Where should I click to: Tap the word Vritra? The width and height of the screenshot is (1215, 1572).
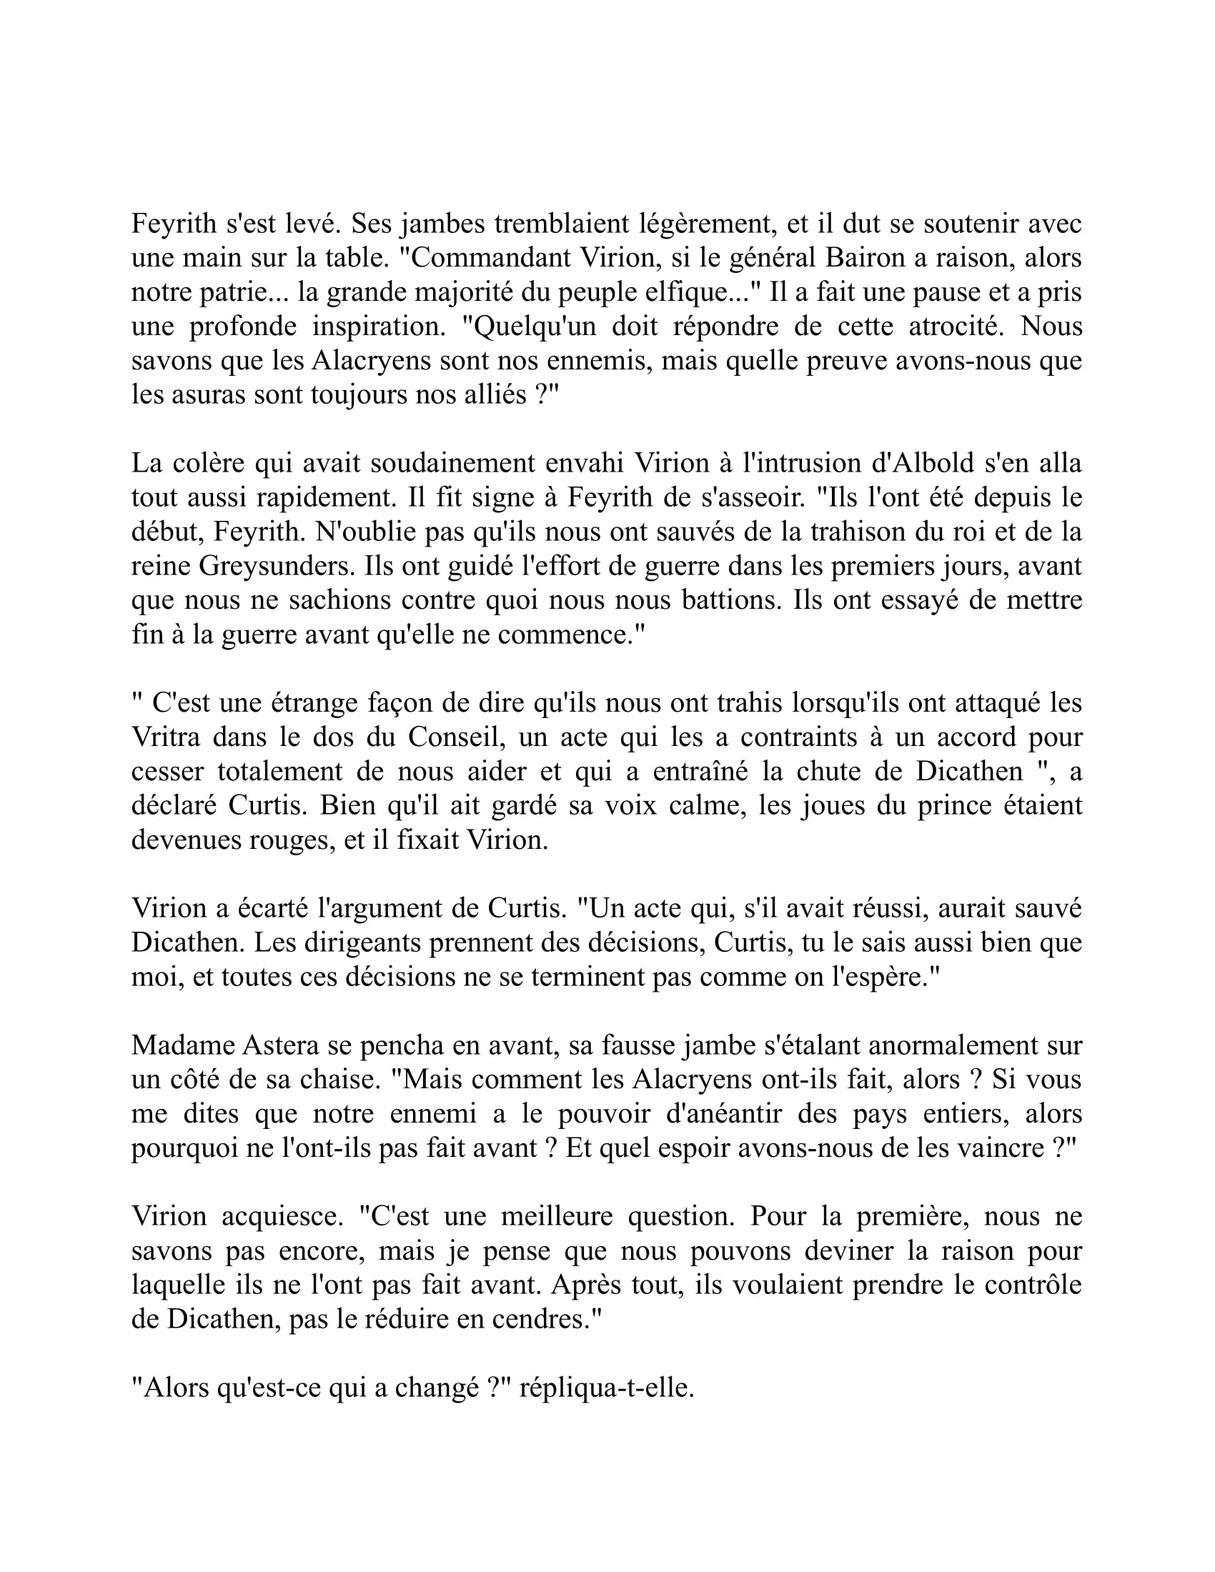pyautogui.click(x=167, y=738)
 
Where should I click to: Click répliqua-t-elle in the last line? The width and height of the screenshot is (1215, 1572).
pyautogui.click(x=606, y=1388)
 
